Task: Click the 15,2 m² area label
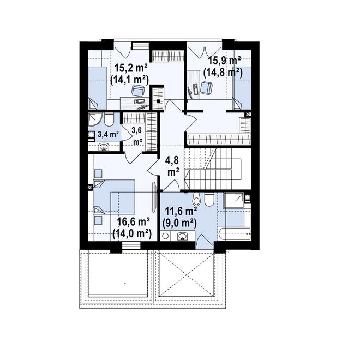click(131, 68)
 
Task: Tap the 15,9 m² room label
click(224, 61)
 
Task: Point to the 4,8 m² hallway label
click(173, 166)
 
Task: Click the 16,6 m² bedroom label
click(133, 222)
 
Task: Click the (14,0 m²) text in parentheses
click(132, 233)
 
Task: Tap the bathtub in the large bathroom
click(234, 233)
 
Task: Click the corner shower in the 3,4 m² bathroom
click(95, 119)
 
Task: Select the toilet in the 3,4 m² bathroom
click(109, 119)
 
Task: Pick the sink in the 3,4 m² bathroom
click(104, 147)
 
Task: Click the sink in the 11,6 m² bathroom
click(183, 236)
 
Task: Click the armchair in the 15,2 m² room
click(139, 90)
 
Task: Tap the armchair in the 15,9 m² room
click(207, 88)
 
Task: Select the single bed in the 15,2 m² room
click(98, 88)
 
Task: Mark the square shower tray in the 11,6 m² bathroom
click(233, 200)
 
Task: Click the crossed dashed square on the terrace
click(186, 274)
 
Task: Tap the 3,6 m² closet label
click(137, 136)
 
